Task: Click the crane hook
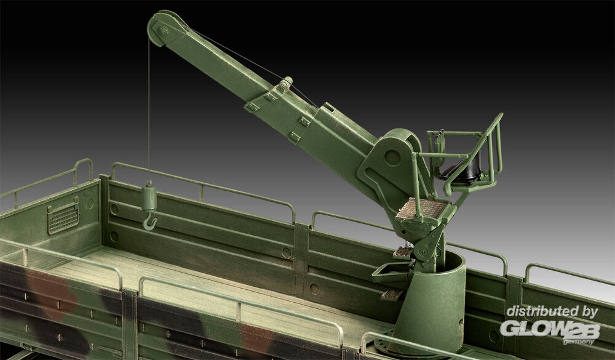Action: coord(150,222)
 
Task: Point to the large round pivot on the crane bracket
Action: coord(392,158)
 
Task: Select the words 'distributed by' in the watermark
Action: coord(552,311)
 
